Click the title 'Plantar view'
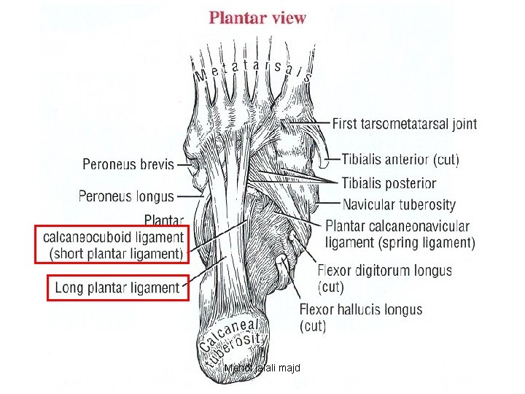[257, 18]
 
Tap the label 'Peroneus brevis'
[128, 164]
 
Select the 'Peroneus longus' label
[126, 196]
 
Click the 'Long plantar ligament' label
[117, 287]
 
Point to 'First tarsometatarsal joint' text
[405, 124]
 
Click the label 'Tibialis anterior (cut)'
[400, 160]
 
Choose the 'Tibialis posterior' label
[389, 183]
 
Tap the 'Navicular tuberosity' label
[399, 204]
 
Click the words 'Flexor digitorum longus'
[385, 270]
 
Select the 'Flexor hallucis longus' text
[361, 309]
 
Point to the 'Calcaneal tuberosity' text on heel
[230, 342]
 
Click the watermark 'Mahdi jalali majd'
[262, 368]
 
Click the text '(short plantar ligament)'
[116, 254]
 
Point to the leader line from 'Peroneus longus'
[190, 196]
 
